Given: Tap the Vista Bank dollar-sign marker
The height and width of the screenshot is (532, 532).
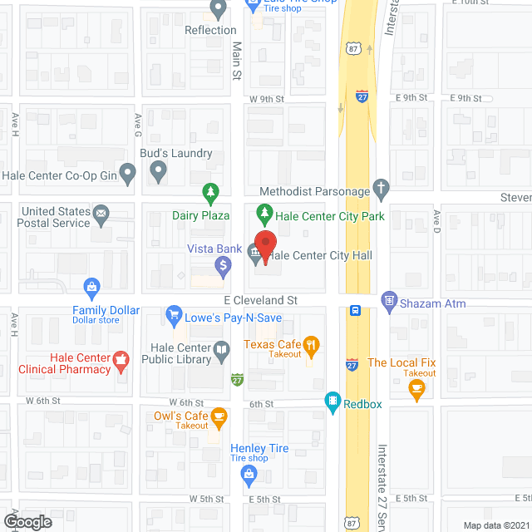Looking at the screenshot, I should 222,267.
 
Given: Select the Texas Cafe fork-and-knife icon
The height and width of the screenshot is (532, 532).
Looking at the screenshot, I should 311,345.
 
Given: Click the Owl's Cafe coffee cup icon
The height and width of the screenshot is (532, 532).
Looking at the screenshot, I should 219,416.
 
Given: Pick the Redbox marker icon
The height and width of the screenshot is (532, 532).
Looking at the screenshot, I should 332,402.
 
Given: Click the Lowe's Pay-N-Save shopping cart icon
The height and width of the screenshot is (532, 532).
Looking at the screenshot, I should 174,314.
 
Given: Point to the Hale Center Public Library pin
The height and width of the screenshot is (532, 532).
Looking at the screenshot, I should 221,352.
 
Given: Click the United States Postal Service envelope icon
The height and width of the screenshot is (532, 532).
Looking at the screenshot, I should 101,215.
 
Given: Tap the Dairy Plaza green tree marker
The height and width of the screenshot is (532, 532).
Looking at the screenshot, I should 211,194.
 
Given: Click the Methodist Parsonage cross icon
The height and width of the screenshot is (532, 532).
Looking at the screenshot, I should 381,188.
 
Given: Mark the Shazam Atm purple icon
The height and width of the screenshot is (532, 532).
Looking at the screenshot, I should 388,300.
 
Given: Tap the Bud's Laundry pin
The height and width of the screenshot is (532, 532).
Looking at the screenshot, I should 158,173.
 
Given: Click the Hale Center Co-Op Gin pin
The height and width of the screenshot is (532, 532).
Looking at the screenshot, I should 127,174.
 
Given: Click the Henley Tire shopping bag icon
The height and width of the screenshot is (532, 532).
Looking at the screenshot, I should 248,474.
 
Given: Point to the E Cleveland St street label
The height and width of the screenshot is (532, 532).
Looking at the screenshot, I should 260,299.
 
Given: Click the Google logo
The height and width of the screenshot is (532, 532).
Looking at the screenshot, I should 27,522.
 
